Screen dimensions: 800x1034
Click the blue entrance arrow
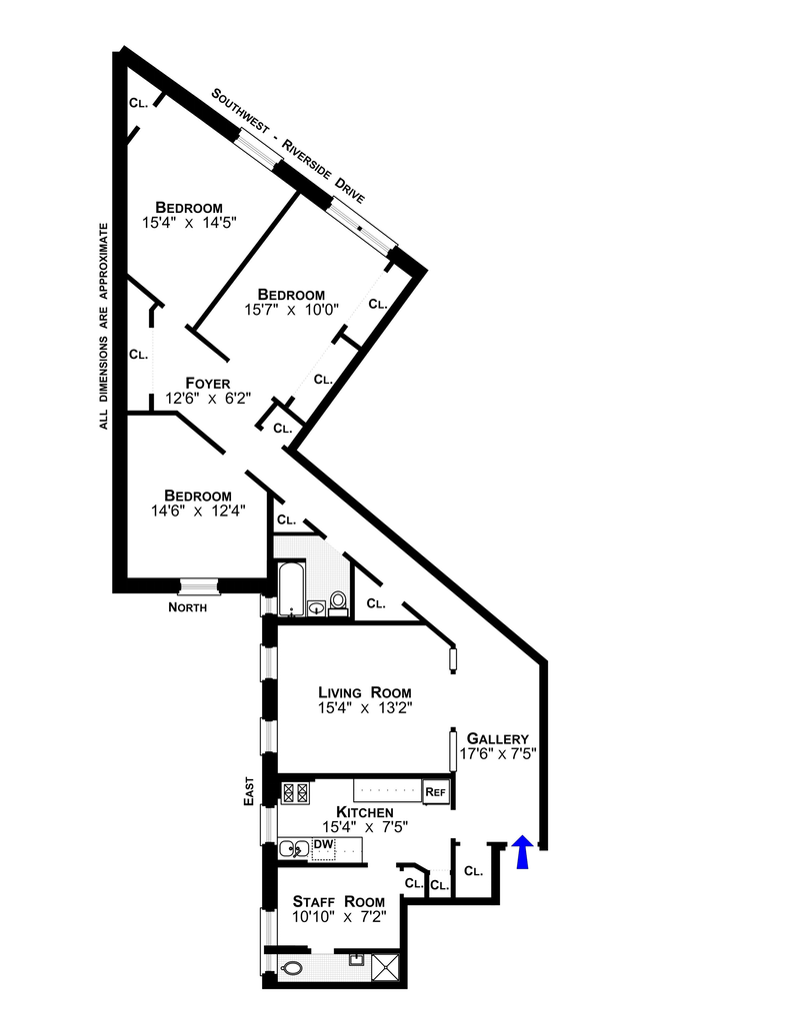tap(521, 853)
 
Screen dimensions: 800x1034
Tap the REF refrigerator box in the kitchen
tap(436, 792)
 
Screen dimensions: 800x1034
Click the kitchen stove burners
tap(296, 792)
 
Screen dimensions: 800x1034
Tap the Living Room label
tap(364, 692)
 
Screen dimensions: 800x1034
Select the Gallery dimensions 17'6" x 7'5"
tap(499, 754)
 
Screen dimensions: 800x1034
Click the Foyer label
tap(208, 383)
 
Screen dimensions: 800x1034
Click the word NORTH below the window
tap(187, 607)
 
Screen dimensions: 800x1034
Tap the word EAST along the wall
tap(253, 790)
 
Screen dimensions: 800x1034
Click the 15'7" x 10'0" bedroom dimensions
tap(292, 310)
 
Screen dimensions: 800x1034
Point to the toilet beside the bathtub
tap(338, 602)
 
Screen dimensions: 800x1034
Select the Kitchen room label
tap(364, 812)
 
